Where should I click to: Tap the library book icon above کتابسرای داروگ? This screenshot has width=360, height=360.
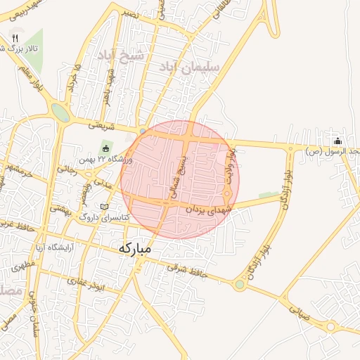(x=105, y=207)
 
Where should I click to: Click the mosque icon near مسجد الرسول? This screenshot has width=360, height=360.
(x=337, y=140)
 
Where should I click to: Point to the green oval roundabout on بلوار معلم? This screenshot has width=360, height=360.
(x=60, y=112)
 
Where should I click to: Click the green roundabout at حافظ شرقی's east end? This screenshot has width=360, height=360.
(x=240, y=284)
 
